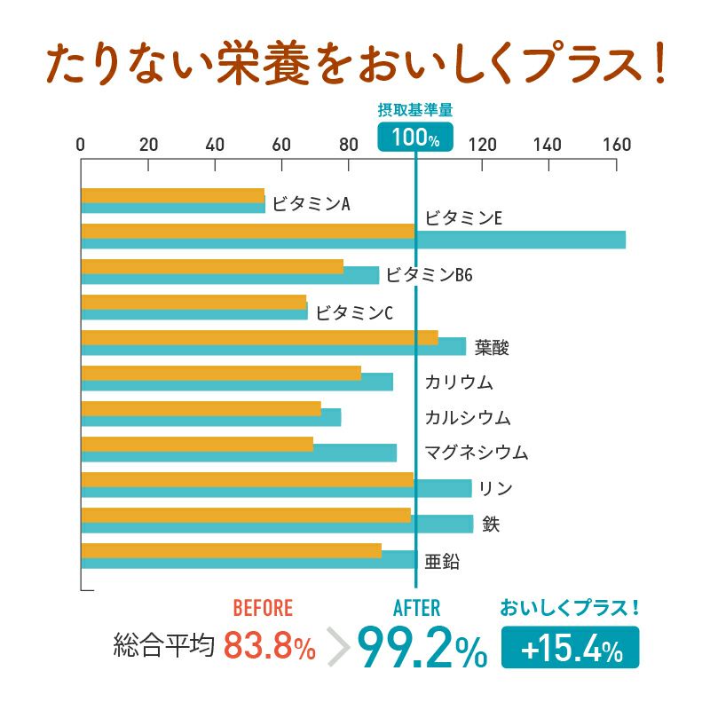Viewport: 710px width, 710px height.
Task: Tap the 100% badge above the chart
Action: pos(415,138)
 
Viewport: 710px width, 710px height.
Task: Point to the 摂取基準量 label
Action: pos(415,111)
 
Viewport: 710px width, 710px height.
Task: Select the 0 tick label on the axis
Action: pos(81,145)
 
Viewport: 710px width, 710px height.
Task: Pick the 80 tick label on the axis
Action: pos(348,145)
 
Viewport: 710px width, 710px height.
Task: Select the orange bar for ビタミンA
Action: pos(172,195)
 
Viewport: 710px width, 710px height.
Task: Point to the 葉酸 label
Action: pos(492,347)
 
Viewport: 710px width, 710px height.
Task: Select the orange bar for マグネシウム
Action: pos(196,444)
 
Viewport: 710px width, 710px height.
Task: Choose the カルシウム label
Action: pos(468,417)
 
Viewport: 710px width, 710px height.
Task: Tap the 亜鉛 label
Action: pos(442,561)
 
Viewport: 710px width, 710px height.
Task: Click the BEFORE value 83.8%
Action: pos(269,646)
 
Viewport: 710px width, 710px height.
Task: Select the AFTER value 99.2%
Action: pos(422,647)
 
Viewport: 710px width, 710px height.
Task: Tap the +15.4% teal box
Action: pos(570,648)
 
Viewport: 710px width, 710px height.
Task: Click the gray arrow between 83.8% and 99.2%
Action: pos(338,648)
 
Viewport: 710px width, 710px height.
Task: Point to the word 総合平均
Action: pos(164,646)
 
